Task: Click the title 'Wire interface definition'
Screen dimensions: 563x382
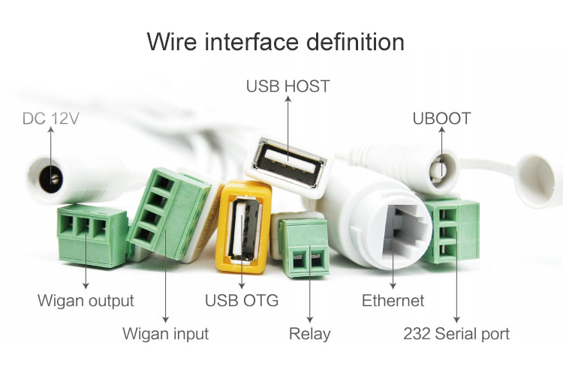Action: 275,41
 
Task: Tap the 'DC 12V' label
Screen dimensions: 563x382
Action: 50,119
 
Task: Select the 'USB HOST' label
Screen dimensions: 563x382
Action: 288,86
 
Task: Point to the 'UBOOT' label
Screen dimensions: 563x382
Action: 441,119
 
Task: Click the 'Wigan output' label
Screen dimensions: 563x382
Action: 86,301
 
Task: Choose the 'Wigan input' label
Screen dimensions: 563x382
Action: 166,333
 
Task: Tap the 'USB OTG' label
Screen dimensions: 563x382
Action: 242,300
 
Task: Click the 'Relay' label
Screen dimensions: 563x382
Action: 309,334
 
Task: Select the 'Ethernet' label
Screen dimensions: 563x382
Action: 393,300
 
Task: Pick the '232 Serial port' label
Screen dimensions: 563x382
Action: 456,334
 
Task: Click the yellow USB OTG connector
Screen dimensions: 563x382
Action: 243,227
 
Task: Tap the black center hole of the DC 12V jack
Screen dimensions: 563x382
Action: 50,180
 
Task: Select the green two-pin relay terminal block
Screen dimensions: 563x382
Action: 305,248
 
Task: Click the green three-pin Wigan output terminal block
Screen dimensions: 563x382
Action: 92,235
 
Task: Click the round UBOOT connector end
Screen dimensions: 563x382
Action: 441,168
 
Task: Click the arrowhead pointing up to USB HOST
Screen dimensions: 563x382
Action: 288,98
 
